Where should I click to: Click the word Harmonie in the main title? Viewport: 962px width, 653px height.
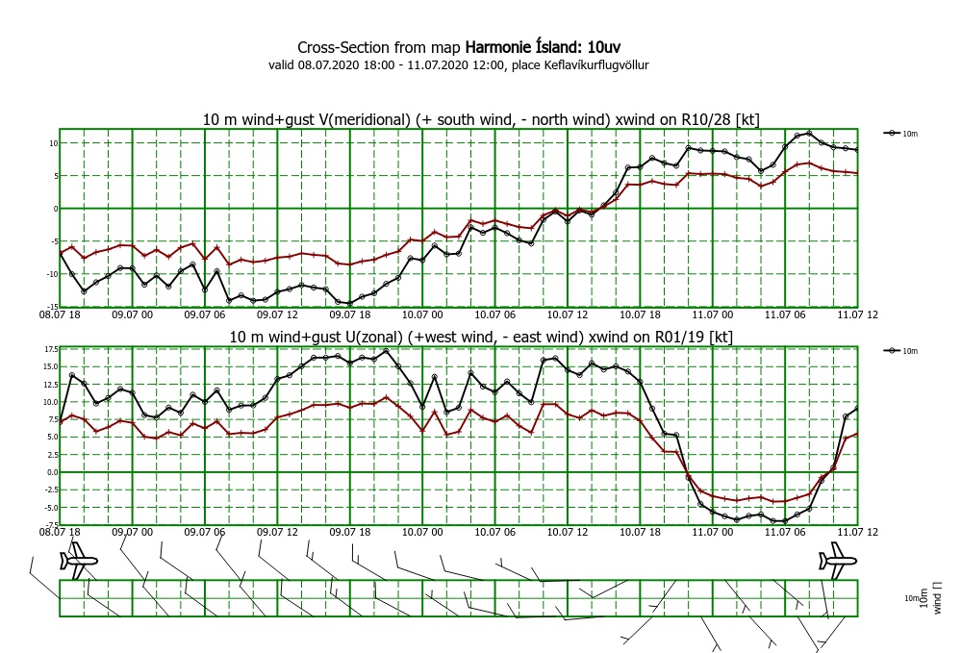pos(500,47)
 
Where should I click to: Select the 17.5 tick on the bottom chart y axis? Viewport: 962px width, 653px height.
pos(48,350)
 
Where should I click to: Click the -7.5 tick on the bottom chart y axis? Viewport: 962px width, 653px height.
pos(48,524)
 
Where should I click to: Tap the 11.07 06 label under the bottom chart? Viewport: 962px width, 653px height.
pos(784,531)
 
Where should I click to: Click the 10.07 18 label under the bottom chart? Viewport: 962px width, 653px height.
pos(639,531)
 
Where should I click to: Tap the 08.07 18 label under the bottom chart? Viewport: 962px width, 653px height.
pos(60,531)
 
